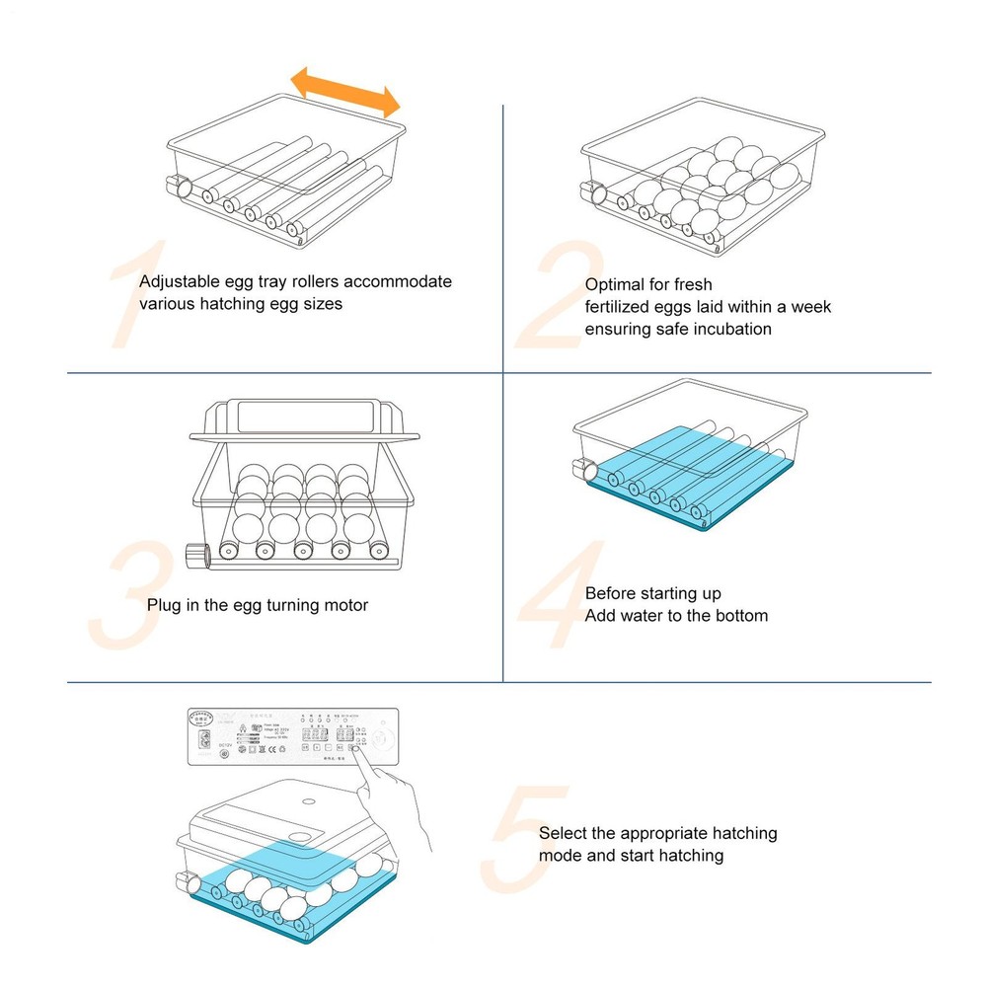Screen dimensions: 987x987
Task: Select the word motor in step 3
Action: point(346,605)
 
